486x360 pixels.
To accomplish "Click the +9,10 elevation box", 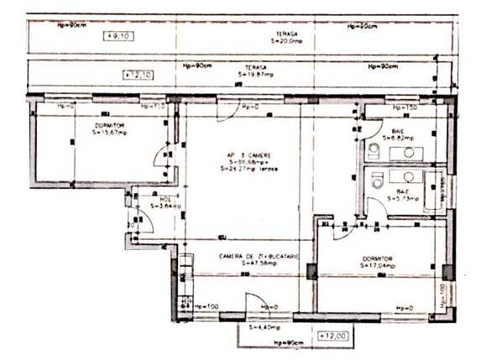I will (118, 36).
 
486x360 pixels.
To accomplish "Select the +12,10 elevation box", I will (137, 75).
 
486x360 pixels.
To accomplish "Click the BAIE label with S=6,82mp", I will (397, 134).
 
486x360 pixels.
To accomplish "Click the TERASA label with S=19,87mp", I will (254, 70).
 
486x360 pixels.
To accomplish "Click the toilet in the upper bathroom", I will (374, 151).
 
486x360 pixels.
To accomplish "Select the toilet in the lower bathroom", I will (378, 178).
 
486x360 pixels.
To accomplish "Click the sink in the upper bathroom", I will (409, 153).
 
